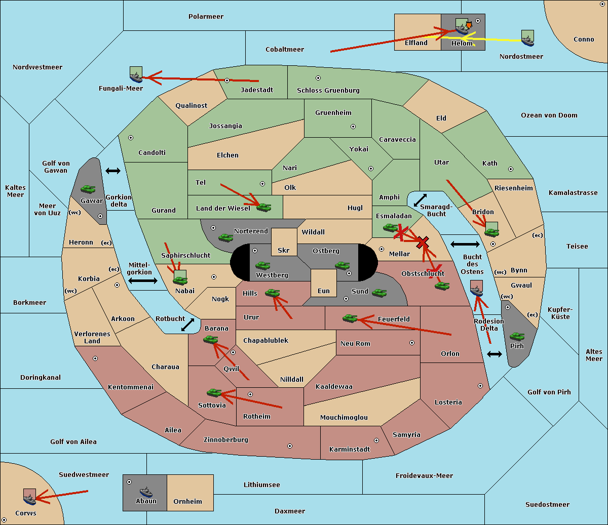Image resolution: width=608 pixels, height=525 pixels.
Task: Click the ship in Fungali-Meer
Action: click(x=136, y=77)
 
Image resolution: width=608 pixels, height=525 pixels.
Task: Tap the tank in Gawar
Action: click(x=88, y=189)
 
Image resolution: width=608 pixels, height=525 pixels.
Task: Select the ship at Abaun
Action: click(x=146, y=492)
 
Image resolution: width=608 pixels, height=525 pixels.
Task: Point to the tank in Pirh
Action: click(x=517, y=337)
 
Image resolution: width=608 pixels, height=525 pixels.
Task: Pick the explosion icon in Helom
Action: click(x=469, y=25)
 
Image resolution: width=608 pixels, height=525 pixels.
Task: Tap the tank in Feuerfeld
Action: click(x=350, y=318)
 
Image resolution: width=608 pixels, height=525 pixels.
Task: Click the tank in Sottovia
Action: click(x=214, y=393)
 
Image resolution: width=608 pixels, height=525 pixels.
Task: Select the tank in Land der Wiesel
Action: click(x=264, y=208)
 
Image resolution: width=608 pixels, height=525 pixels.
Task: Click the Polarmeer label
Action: click(x=206, y=17)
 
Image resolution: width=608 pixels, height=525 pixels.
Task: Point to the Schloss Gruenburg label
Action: click(x=328, y=90)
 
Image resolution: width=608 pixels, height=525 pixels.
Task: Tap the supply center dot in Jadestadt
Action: click(x=227, y=80)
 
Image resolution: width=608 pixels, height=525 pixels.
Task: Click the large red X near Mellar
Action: click(x=423, y=243)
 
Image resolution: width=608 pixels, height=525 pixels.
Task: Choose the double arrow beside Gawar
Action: click(x=113, y=171)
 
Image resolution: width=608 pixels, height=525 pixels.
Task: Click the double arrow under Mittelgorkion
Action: click(x=143, y=280)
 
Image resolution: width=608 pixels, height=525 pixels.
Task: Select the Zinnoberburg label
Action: click(x=226, y=440)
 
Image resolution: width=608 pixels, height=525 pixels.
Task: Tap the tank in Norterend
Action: click(x=225, y=237)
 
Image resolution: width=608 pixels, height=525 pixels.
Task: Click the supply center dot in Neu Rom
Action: click(x=412, y=343)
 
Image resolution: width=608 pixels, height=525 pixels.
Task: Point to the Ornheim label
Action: click(x=187, y=501)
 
